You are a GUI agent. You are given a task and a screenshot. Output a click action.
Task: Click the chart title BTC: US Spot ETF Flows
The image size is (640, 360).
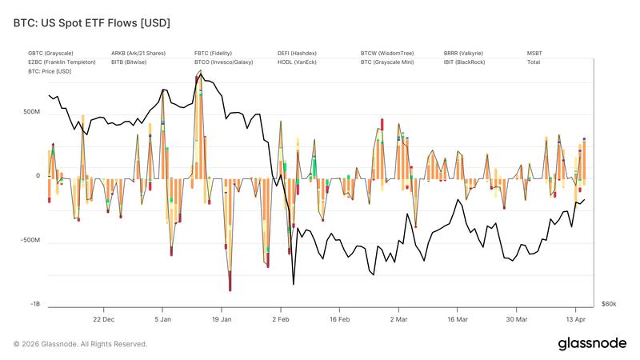click(91, 23)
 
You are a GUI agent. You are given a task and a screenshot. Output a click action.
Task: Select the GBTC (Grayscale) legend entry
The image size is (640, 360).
click(50, 53)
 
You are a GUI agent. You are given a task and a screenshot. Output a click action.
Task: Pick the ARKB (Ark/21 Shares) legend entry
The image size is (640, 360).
click(138, 53)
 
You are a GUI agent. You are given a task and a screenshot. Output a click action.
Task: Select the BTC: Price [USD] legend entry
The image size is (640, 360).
click(50, 70)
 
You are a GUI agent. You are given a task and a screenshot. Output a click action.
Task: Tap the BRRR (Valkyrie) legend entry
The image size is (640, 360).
click(463, 53)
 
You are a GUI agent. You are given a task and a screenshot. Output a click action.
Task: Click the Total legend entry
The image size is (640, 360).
click(534, 62)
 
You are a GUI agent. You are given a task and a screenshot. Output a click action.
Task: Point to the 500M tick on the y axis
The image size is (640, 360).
click(31, 112)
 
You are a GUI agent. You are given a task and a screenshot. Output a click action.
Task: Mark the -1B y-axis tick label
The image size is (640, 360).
click(34, 304)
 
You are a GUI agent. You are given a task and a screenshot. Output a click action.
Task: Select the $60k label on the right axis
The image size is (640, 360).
click(609, 304)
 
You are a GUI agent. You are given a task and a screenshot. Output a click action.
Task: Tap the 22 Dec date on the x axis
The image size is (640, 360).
click(103, 318)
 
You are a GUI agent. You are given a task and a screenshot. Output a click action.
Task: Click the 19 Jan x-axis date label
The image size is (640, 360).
click(222, 318)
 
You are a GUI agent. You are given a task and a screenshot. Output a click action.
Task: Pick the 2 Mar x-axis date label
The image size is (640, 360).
click(398, 318)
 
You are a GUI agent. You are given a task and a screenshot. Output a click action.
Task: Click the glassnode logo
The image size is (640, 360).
click(591, 343)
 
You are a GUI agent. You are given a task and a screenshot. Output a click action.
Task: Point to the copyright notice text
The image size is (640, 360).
click(80, 344)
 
